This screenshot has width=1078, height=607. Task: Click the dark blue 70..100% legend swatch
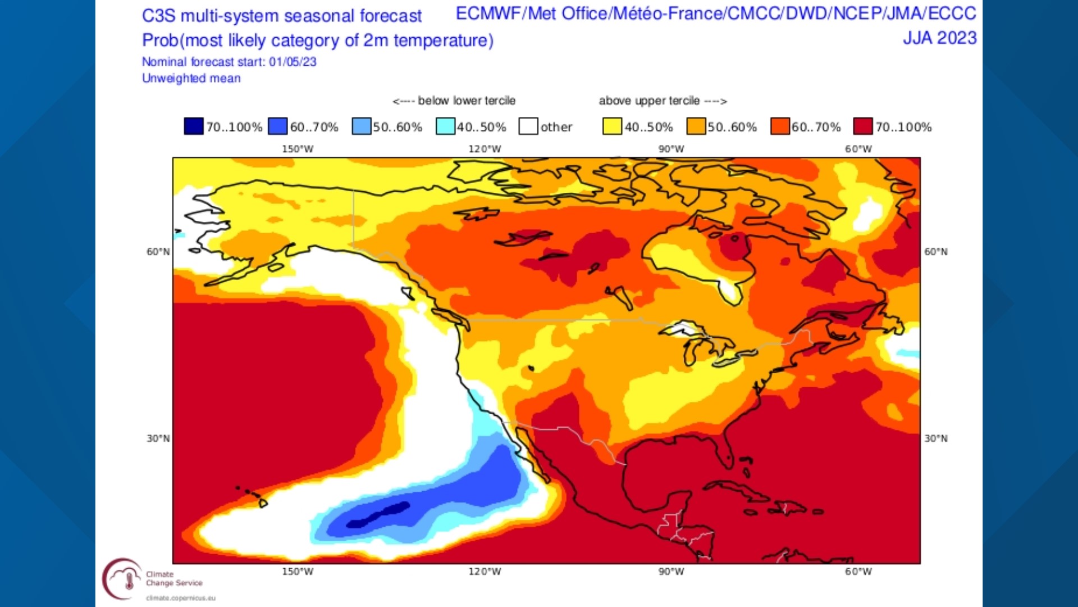pos(194,126)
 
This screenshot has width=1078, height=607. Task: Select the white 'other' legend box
pos(528,126)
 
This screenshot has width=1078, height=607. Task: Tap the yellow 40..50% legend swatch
pos(612,126)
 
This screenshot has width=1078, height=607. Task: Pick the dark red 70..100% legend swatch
pos(863,126)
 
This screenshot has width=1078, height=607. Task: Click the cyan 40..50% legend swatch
pos(445,126)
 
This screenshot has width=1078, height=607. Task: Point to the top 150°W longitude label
pos(298,149)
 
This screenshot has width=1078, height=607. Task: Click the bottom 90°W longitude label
pos(671,572)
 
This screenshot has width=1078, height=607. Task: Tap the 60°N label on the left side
pos(158,252)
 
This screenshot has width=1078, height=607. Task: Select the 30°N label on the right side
pos(936,438)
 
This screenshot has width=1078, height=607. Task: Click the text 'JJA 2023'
pos(939,38)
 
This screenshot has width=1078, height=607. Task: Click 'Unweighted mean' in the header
pos(191,78)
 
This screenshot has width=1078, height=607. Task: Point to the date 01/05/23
pos(293,62)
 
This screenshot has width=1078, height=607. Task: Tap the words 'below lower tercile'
pos(466,101)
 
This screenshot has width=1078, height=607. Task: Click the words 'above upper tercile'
pos(649,101)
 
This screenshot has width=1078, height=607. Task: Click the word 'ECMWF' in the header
pos(488,13)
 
